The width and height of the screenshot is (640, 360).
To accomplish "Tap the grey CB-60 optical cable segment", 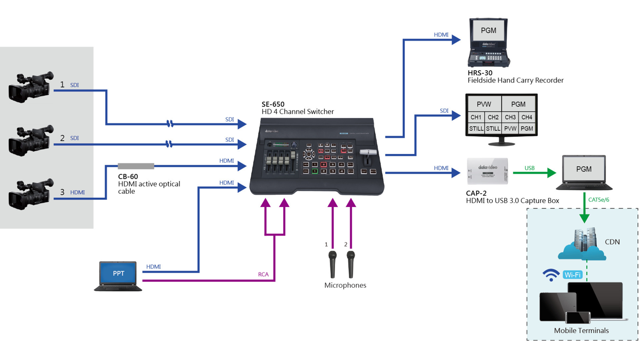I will [136, 166].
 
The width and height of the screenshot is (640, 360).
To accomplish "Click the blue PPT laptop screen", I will [118, 274].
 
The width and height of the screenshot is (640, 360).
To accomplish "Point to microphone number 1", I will [332, 264].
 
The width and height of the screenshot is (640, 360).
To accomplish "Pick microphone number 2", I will [351, 264].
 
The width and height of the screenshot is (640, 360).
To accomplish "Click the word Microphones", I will [345, 285].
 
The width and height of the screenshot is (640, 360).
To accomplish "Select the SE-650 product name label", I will [273, 104].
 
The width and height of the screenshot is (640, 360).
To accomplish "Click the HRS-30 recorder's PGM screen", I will [488, 31].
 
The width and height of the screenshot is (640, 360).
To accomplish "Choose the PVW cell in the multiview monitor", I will [484, 104].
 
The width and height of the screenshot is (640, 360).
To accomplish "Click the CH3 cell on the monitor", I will [510, 117].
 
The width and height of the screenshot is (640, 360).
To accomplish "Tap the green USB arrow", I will [534, 173].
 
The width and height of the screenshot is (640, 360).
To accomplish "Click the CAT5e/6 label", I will [598, 200].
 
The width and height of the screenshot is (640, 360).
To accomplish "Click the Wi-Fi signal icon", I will [551, 275].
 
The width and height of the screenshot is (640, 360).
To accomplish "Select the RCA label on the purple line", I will [263, 275].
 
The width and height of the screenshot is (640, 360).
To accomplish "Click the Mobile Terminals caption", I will [581, 331].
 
